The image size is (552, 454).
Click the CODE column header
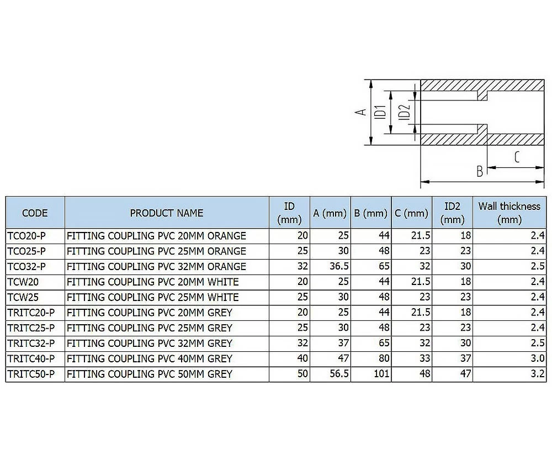(35, 213)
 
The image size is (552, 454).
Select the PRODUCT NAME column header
(166, 213)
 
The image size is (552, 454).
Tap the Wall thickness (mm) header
(509, 213)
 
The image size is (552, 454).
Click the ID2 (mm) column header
(452, 213)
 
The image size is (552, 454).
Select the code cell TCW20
(23, 282)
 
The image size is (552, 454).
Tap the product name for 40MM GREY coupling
(149, 358)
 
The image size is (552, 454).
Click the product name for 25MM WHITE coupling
(152, 297)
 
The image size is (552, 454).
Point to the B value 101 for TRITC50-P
(381, 374)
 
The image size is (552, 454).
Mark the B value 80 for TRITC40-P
(384, 358)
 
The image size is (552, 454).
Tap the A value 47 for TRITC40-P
(343, 358)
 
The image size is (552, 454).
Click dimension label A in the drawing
(360, 112)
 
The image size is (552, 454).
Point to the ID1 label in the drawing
(380, 112)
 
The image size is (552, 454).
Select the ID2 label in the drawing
(404, 112)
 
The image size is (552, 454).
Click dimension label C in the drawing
(517, 157)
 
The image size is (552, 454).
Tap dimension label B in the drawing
(480, 171)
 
